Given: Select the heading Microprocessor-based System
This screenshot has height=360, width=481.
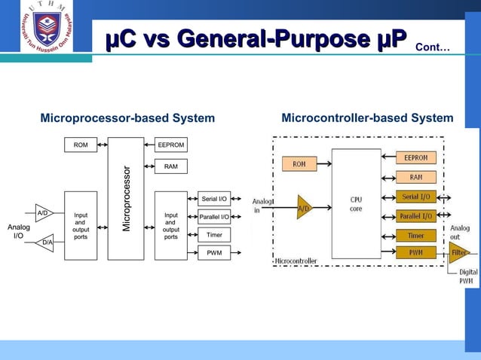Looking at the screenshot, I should coord(127,118).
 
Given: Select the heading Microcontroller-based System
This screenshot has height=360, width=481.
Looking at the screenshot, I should coord(367,118).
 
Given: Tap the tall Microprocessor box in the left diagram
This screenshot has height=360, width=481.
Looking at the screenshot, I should coord(126,198).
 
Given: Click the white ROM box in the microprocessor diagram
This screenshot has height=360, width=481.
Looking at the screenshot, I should coord(80,145).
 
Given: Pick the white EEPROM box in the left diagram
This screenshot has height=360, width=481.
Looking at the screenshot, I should coord(171,145).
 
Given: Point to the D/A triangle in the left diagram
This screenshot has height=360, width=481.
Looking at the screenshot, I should coord(46,243).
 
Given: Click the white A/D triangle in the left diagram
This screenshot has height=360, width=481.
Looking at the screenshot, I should coord(44,213).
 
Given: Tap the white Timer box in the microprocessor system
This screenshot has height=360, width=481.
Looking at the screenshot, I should coord(214,235).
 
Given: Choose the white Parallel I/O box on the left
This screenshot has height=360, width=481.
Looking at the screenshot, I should coord(214,217).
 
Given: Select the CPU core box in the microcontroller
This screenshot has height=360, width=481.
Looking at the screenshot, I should coord(356,203).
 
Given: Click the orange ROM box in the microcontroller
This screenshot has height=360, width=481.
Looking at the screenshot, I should coord(299,163).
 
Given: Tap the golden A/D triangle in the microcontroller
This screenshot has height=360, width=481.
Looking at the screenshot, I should coord(303,207).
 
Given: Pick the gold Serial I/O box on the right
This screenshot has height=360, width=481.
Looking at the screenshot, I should coord(416,197).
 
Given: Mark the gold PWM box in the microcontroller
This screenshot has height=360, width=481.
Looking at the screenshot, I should coord(416,252).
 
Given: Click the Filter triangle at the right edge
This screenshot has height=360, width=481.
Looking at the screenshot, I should coord(458,253).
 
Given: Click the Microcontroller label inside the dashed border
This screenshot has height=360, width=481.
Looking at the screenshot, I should coord(296,261).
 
